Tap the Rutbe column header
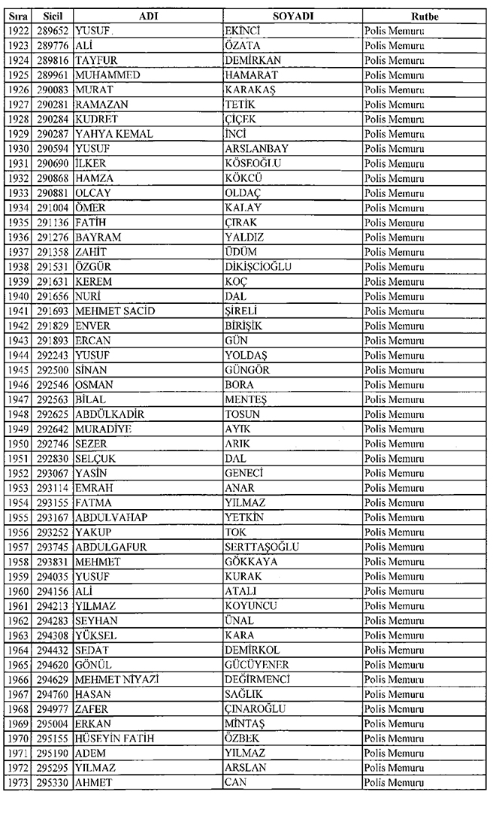click(425, 16)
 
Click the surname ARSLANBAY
click(256, 149)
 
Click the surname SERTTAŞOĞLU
click(262, 547)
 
